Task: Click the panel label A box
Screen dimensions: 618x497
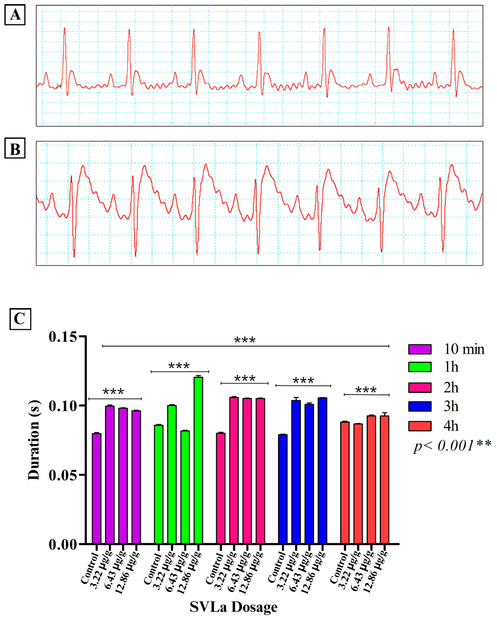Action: click(x=15, y=15)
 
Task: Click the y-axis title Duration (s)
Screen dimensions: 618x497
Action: click(x=34, y=440)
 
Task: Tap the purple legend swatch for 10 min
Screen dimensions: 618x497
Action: click(x=420, y=349)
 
